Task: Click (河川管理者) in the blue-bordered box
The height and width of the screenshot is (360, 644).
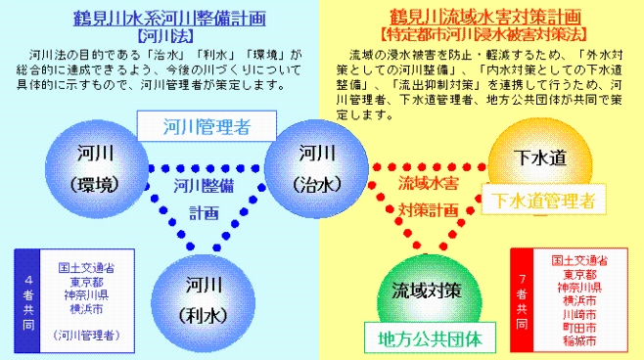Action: point(94,336)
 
